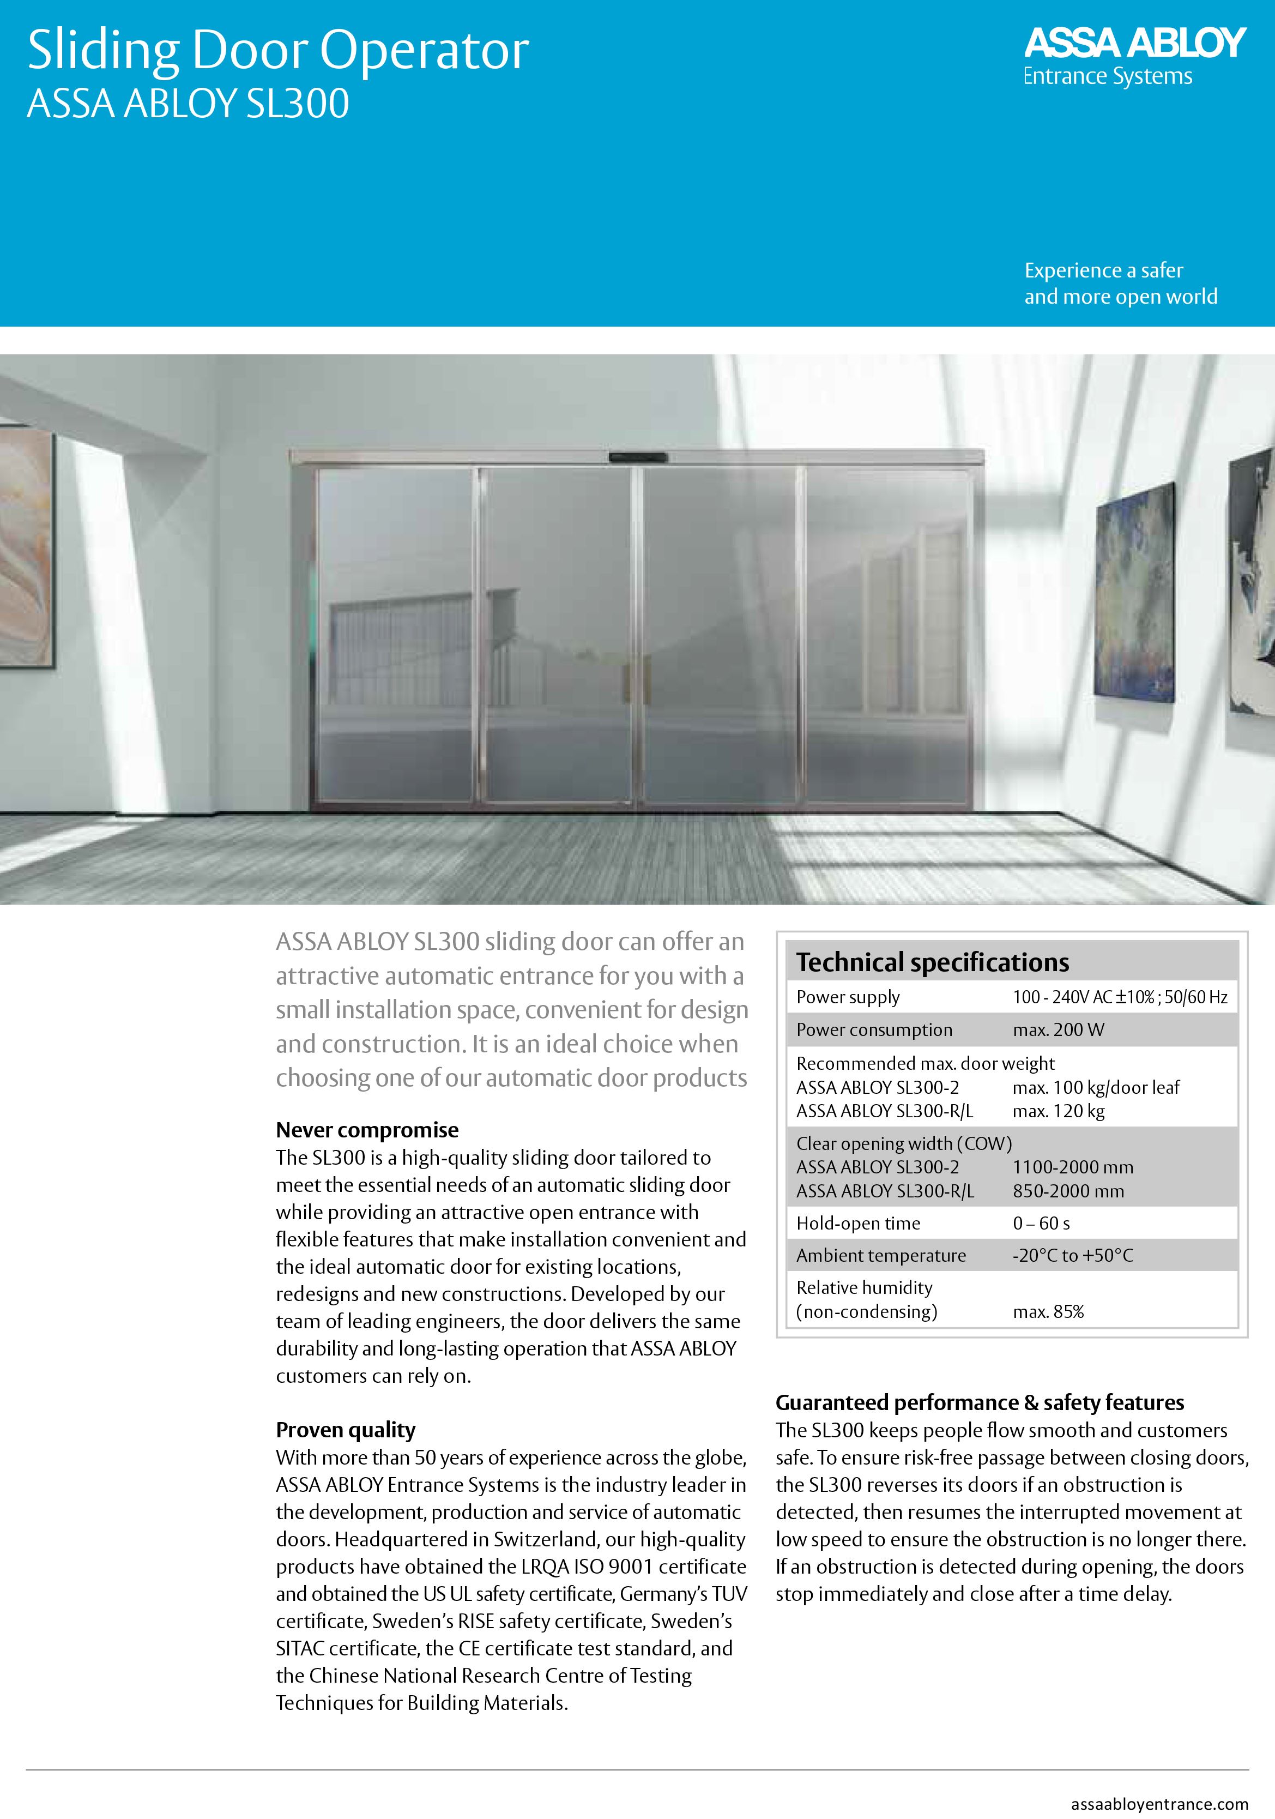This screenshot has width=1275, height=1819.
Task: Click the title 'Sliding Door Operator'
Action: [x=278, y=51]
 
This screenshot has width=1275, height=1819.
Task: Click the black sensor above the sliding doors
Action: [x=638, y=457]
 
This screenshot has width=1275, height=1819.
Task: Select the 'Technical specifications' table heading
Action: [x=932, y=962]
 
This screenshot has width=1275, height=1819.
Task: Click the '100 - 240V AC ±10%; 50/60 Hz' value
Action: [x=1119, y=997]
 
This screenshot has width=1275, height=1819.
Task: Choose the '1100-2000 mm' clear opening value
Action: [x=1072, y=1167]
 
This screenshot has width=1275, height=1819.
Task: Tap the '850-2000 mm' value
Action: [x=1067, y=1191]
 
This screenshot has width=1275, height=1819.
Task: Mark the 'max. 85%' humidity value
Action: [x=1048, y=1311]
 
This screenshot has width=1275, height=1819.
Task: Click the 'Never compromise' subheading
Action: [x=367, y=1130]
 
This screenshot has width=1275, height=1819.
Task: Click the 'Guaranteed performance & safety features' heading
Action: [x=979, y=1402]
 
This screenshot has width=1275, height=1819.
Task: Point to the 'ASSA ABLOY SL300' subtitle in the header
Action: [x=188, y=104]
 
